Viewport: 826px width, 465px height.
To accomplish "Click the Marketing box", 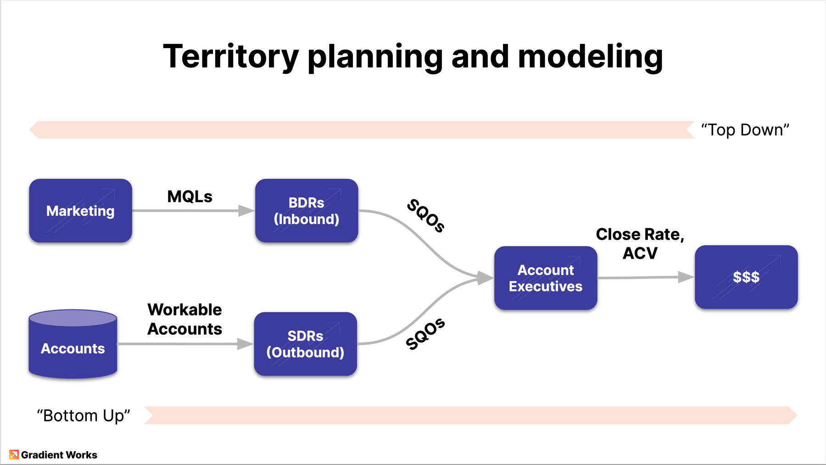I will [80, 211].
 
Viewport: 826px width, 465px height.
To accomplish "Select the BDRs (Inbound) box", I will [307, 211].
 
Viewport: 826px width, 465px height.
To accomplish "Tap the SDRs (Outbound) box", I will [305, 344].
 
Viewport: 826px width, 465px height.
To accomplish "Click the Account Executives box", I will [546, 278].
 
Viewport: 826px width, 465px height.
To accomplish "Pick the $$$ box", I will [746, 277].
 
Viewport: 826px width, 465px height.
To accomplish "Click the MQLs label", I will [190, 196].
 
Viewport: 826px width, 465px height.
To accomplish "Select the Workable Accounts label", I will [184, 319].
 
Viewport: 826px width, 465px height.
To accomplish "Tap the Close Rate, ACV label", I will [640, 243].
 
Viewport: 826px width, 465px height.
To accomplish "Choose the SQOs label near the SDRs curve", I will [425, 334].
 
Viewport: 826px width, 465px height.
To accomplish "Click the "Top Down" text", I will [745, 130].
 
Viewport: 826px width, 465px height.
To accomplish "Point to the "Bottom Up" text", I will [84, 415].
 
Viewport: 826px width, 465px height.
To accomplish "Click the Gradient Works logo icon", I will [14, 454].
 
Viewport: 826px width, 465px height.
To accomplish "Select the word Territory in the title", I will [231, 56].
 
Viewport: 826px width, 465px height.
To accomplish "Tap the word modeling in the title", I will [590, 56].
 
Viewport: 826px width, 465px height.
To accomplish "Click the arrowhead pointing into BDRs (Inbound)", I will [246, 211].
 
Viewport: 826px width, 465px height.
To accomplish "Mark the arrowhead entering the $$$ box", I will [686, 277].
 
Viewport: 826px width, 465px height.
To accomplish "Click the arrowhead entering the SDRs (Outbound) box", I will [245, 344].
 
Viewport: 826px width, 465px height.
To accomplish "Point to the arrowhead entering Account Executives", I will [485, 278].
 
